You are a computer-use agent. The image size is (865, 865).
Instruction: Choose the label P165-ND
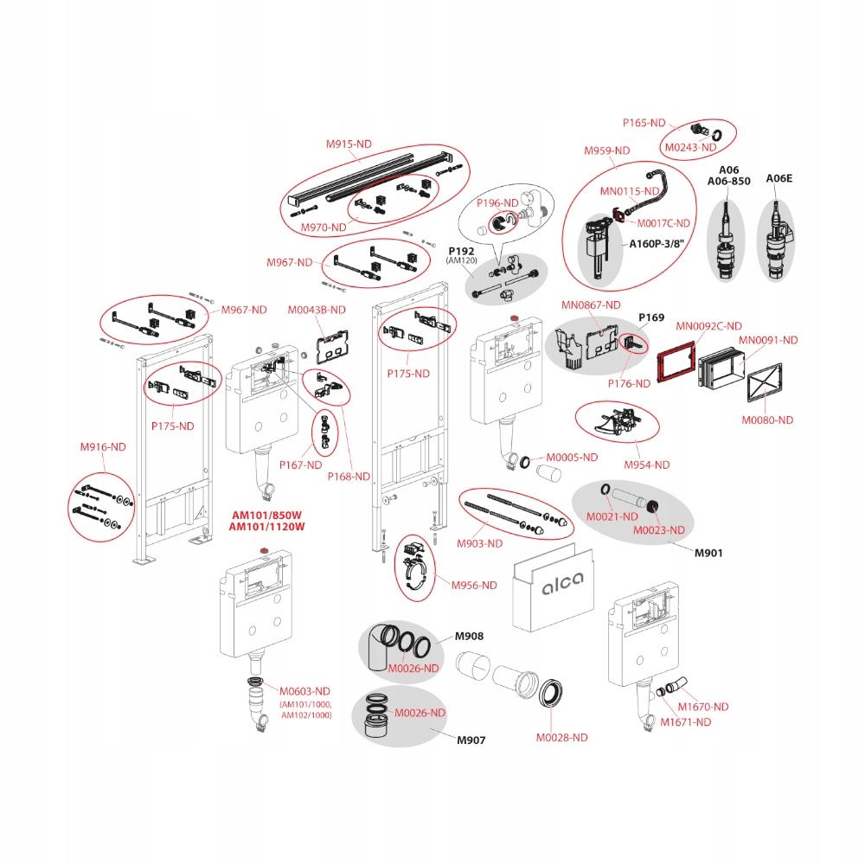pos(644,123)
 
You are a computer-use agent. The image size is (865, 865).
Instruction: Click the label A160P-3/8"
pos(656,244)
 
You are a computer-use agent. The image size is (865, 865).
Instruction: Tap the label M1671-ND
pos(686,721)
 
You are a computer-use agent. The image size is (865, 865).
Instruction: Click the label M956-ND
pos(474,585)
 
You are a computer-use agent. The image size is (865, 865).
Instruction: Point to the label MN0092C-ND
pos(708,326)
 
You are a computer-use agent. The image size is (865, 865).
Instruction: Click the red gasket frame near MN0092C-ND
pos(677,366)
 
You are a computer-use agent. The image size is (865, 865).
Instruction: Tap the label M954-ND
pos(647,465)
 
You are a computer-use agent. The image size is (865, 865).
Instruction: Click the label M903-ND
pos(479,543)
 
